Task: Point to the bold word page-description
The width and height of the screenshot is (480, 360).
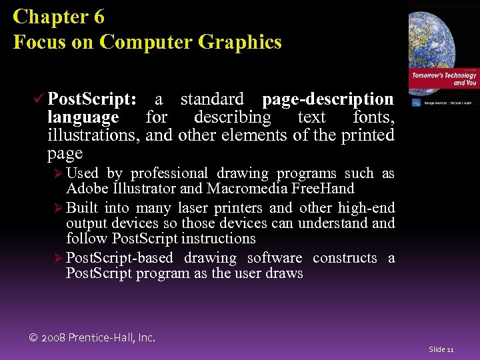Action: [x=327, y=99]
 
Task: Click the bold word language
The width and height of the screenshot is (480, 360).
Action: [x=83, y=117]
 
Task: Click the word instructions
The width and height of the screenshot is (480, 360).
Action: [x=219, y=239]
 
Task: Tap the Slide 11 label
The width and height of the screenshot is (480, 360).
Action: [x=441, y=349]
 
